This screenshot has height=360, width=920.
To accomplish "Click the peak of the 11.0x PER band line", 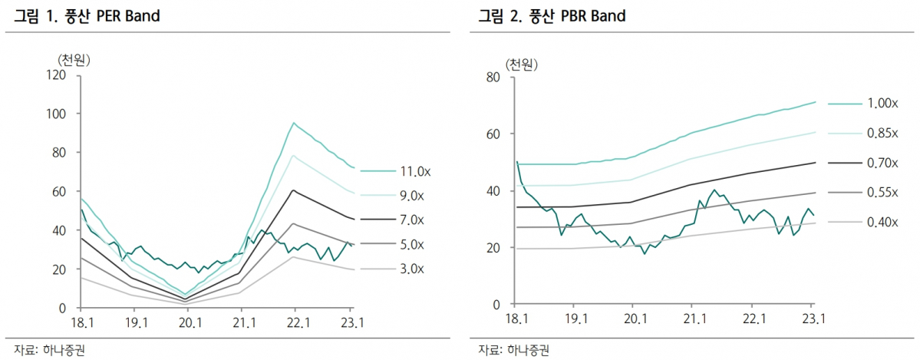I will point(293,123).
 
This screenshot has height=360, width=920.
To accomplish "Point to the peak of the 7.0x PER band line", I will point(293,190).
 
